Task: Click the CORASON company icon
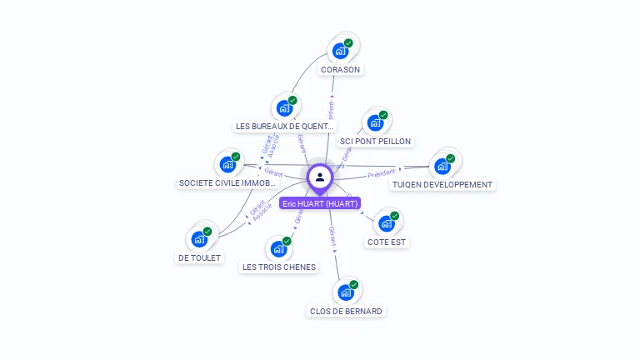(x=340, y=51)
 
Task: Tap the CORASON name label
(x=340, y=70)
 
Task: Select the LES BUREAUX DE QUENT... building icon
(x=284, y=107)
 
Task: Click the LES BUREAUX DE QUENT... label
(x=284, y=127)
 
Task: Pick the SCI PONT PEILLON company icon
(x=375, y=122)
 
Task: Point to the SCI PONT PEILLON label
(x=375, y=142)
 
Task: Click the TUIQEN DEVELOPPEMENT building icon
(x=442, y=165)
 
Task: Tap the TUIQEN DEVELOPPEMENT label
(x=442, y=184)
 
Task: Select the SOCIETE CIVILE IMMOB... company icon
(x=227, y=164)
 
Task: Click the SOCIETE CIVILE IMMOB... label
(x=227, y=183)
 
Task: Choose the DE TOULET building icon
(x=199, y=239)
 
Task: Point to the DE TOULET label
(x=199, y=258)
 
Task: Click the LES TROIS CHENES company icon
(x=278, y=248)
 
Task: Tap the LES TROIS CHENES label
(x=278, y=267)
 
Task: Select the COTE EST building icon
(x=387, y=223)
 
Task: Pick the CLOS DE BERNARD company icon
(x=346, y=292)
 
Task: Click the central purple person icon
(x=320, y=177)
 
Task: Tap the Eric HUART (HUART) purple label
(x=320, y=203)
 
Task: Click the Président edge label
(x=382, y=173)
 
